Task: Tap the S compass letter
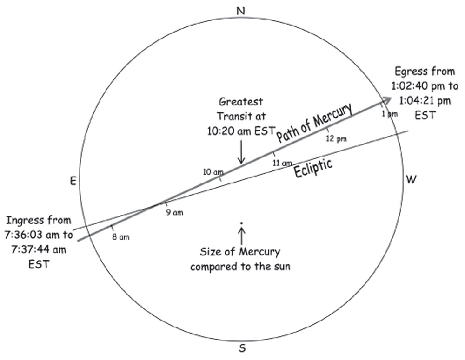point(242,349)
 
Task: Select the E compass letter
point(73,182)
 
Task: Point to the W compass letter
point(411,179)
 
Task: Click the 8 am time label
point(121,237)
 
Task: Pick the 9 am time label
point(175,213)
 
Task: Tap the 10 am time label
point(213,172)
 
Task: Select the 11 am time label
point(282,163)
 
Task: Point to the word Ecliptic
point(313,169)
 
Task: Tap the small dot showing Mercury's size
point(241,224)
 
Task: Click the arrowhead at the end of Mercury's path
point(386,101)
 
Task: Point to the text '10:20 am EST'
point(241,131)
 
